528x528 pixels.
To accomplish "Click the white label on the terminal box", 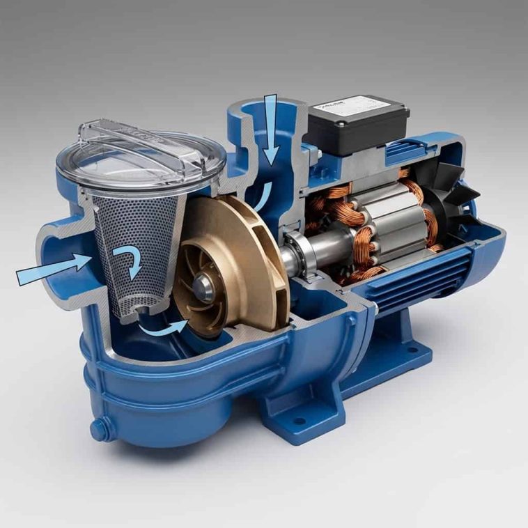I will (x=334, y=105).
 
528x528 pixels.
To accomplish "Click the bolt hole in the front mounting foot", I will (x=300, y=422).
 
